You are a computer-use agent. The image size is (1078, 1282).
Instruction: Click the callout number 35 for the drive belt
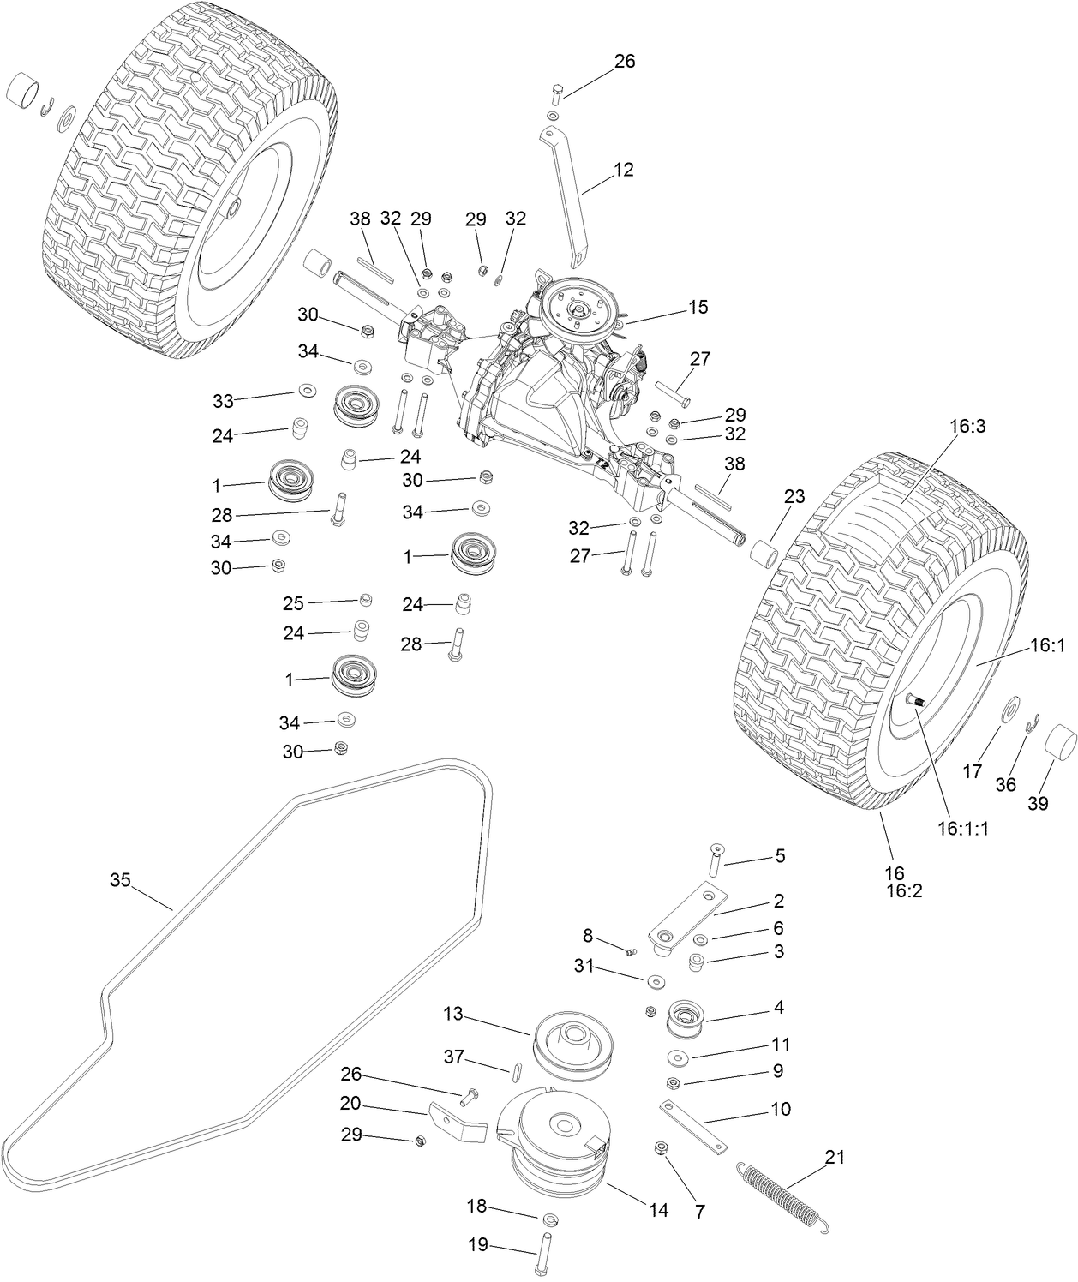pos(120,880)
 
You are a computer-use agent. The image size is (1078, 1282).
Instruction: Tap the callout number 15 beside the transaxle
pos(698,307)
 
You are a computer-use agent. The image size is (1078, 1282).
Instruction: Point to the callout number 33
pos(223,400)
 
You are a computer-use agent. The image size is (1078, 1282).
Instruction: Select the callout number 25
pos(293,603)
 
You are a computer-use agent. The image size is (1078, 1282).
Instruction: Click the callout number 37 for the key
pos(454,1058)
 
